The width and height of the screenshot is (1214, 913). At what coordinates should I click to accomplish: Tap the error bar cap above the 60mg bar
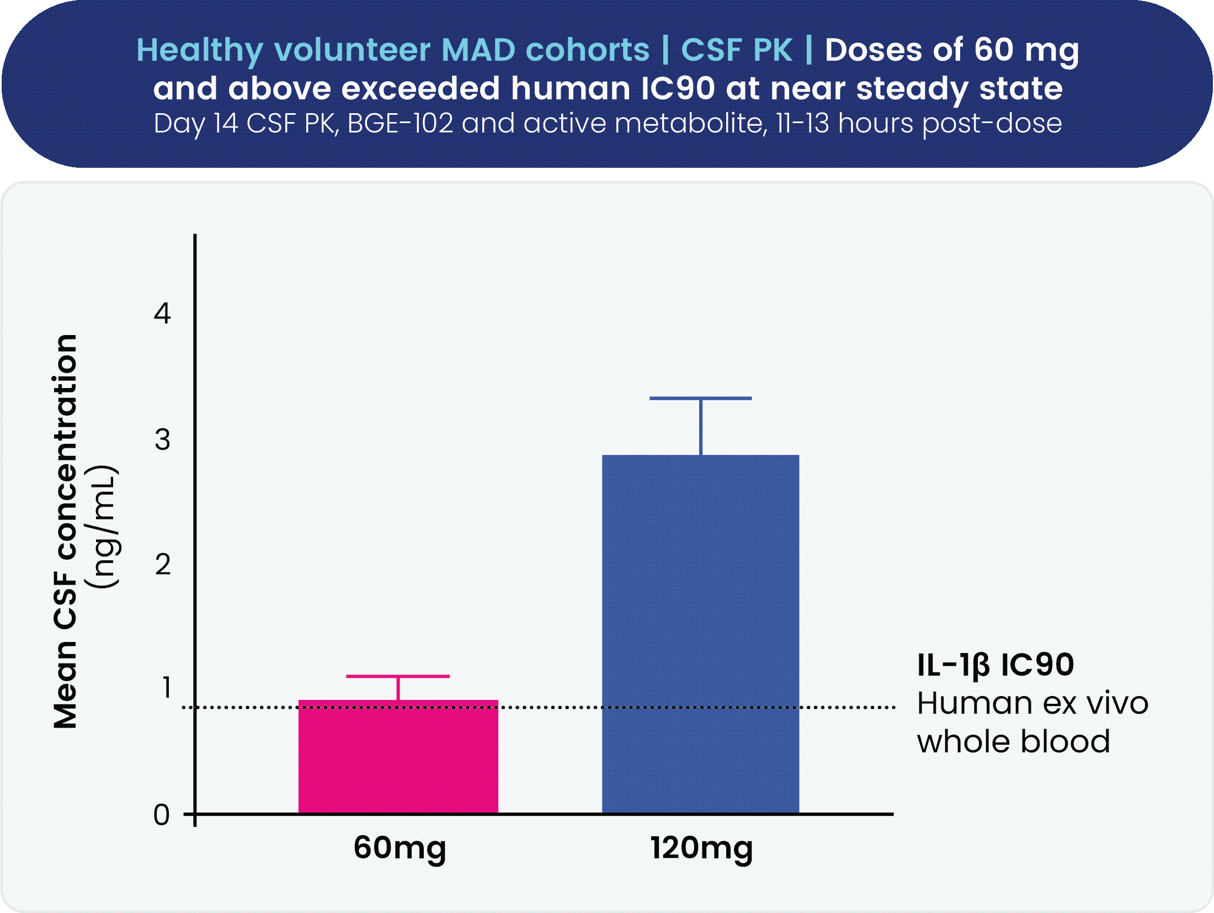click(398, 676)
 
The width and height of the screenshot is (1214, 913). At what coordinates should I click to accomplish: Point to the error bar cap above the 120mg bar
click(700, 398)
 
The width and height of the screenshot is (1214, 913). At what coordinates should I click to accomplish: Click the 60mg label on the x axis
click(400, 848)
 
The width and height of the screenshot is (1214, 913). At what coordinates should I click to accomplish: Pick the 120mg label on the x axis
click(701, 848)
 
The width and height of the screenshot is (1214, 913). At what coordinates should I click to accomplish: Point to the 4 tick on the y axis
click(162, 314)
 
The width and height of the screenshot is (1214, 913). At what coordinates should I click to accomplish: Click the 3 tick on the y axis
click(162, 440)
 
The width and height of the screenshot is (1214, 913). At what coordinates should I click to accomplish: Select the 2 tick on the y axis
click(162, 565)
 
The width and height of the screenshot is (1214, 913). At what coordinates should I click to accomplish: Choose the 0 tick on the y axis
click(161, 815)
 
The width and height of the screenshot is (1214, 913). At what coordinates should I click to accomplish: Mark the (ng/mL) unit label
click(103, 527)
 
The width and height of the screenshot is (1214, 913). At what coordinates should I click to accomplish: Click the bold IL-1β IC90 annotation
click(995, 665)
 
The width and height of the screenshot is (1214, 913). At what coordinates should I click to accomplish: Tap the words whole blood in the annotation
click(1013, 741)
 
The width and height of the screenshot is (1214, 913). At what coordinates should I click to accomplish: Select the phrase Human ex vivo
click(1032, 703)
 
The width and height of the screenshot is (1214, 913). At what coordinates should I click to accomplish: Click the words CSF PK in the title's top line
click(737, 50)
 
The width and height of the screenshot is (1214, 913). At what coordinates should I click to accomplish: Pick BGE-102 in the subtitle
click(400, 124)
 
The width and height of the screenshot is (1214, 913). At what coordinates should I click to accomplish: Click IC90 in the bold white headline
click(678, 88)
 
